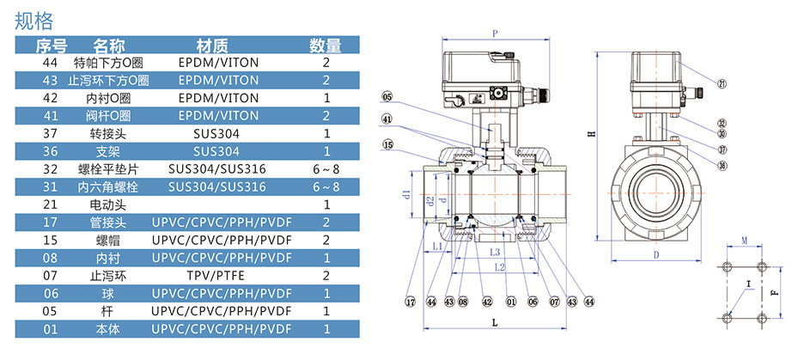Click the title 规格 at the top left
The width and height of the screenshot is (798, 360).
tap(34, 19)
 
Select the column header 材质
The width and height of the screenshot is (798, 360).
tap(212, 46)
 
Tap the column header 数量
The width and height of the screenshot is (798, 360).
tap(326, 46)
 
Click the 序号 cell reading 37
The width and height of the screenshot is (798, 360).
tap(50, 133)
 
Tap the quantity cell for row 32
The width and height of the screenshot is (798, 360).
tap(326, 168)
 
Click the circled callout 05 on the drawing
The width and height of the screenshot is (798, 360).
tap(387, 96)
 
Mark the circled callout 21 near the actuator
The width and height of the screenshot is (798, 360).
tap(722, 83)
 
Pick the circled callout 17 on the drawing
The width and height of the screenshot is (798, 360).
tap(411, 301)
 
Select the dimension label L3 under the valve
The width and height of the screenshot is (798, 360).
tap(495, 253)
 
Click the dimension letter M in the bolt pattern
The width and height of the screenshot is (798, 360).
tap(744, 243)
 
